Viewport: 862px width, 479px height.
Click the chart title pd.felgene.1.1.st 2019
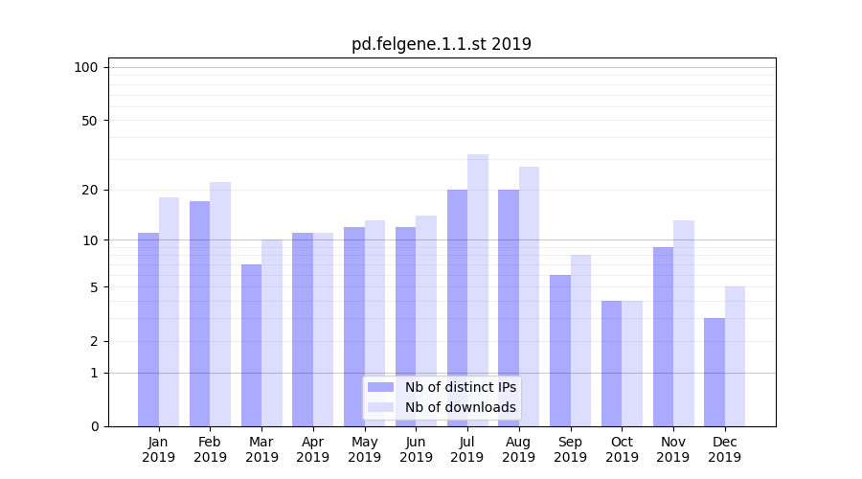point(441,44)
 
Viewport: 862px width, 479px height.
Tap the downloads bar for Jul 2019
point(478,289)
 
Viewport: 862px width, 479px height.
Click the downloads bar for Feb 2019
point(220,304)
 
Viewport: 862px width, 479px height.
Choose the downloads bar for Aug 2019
point(530,296)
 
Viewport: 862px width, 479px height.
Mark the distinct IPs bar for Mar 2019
point(251,345)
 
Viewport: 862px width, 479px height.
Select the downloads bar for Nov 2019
point(684,323)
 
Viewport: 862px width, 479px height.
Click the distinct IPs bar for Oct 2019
point(611,363)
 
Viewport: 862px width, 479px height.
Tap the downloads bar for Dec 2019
point(736,355)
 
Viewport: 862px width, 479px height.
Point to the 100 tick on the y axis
point(86,67)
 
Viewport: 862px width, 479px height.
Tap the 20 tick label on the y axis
point(90,190)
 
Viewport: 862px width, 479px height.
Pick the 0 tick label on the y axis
point(94,426)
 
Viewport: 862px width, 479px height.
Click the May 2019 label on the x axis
point(365,449)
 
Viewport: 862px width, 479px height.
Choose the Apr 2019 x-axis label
point(313,449)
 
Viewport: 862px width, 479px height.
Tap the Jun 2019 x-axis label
point(416,449)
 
